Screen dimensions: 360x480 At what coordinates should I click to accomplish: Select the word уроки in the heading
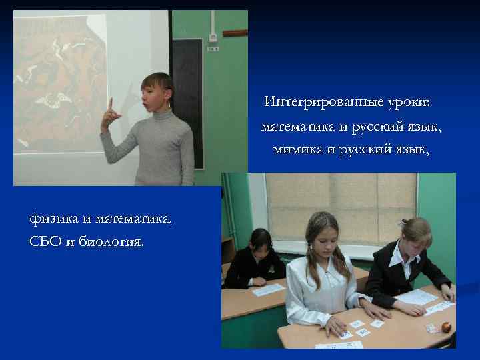(407, 103)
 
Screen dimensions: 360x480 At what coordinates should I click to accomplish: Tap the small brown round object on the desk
(446, 327)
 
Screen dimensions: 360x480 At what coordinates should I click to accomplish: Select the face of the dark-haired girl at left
(261, 244)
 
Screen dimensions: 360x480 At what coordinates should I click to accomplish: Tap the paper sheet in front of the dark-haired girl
(267, 289)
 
